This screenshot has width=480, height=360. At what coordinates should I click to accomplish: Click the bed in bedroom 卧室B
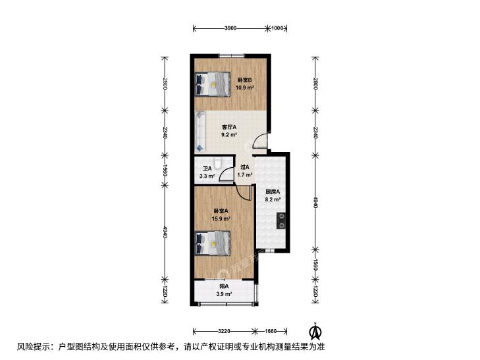tap(213, 84)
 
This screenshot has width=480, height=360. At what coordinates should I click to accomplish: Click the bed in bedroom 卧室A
tap(213, 243)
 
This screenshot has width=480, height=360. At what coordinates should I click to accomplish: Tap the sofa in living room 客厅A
tap(200, 132)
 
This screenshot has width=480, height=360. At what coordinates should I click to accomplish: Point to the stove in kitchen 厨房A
tap(281, 221)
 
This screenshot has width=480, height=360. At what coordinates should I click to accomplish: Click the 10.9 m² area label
tap(244, 88)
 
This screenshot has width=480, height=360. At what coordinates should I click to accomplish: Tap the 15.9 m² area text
tap(221, 219)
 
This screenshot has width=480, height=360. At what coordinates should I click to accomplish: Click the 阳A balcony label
tap(224, 286)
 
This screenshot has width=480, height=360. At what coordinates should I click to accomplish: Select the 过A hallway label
tap(244, 167)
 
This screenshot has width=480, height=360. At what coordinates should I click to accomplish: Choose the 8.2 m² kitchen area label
tap(273, 199)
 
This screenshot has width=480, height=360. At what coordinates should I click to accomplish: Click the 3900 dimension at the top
tap(230, 28)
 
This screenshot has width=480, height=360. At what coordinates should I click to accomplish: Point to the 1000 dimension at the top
tap(277, 28)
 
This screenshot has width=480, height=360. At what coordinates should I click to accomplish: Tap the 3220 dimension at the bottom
tap(225, 331)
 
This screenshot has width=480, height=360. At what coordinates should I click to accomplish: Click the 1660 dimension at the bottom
tap(271, 331)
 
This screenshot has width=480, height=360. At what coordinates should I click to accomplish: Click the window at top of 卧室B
tap(231, 56)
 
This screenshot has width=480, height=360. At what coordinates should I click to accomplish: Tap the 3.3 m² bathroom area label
tap(207, 176)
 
